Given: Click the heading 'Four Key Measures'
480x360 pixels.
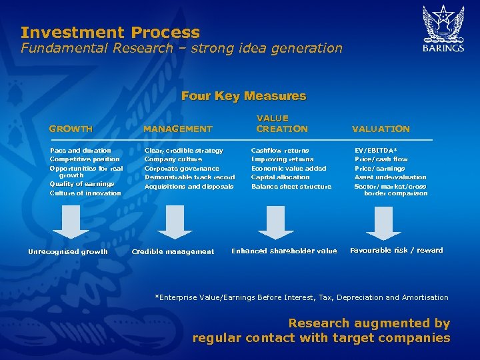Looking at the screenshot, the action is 243,96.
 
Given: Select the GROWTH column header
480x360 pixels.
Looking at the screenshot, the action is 71,129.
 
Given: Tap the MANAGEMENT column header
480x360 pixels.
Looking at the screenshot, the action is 178,129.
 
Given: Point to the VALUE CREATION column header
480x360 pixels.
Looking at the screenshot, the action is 282,123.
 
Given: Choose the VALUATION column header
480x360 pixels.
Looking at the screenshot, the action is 381,129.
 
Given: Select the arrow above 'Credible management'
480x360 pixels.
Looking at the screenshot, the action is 175,221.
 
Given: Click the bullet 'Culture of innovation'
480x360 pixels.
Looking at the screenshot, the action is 85,193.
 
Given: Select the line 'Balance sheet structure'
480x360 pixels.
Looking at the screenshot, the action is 291,187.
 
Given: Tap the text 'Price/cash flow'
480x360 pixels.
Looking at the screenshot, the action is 381,159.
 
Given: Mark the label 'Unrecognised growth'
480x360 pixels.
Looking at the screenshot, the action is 67,251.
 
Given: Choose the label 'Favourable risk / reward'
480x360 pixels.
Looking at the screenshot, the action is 396,251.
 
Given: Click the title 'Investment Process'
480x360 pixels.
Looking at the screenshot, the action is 110,32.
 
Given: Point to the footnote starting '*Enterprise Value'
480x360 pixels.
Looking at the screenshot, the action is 301,297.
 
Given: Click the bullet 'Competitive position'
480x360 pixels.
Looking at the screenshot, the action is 85,159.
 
